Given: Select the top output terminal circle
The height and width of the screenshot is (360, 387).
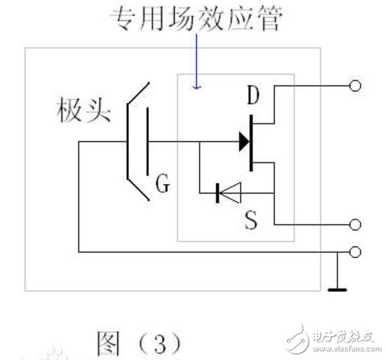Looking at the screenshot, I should tap(355, 87).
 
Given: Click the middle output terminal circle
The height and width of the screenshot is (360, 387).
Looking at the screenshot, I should tap(355, 225).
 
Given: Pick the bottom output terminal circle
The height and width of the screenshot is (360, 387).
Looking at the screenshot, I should tap(355, 251).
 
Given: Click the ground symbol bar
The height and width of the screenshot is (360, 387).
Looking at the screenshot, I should tap(337, 288).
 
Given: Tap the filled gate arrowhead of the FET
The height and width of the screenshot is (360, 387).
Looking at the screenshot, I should tap(243, 141).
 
